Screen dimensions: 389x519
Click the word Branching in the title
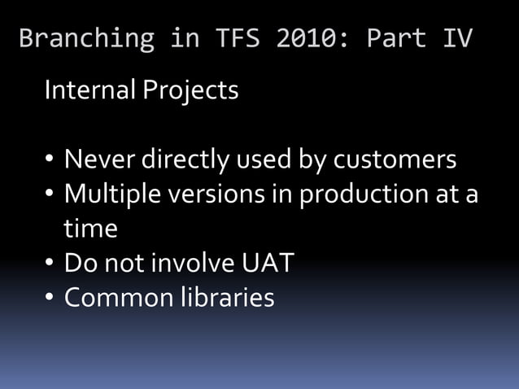86,39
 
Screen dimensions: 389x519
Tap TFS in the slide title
237,39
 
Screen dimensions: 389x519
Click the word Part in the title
396,39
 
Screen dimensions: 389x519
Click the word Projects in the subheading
190,91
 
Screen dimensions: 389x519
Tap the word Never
100,160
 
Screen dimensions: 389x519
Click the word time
90,229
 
